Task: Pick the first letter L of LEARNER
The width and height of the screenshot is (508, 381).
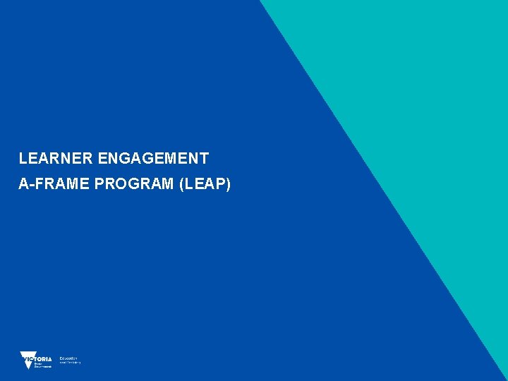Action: [x=23, y=159]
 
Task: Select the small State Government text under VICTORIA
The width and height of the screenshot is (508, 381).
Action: [x=43, y=365]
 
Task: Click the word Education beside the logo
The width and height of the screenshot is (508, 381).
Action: [x=68, y=358]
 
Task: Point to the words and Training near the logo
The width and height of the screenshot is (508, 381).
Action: [x=70, y=363]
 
